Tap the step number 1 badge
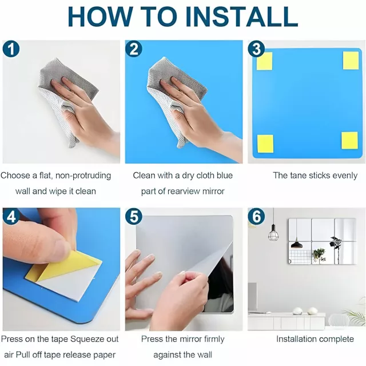point(11,49)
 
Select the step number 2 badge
point(133,49)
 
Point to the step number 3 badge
point(256,49)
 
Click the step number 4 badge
point(11,217)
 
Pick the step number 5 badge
point(133,217)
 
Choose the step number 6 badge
point(256,217)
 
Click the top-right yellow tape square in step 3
point(351,61)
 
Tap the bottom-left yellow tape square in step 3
point(265,144)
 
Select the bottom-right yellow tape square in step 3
point(349,141)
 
